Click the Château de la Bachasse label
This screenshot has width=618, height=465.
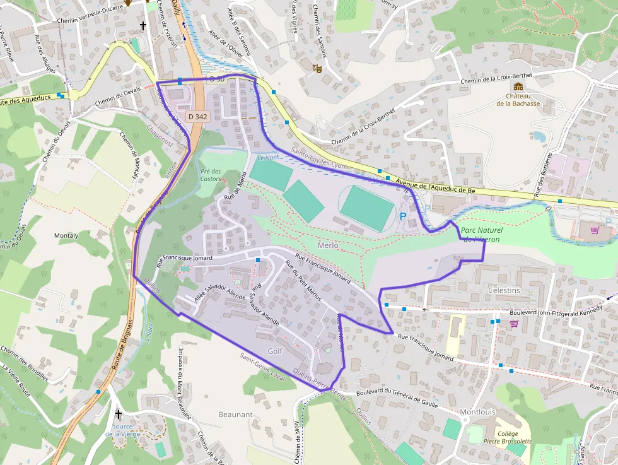click(518, 99)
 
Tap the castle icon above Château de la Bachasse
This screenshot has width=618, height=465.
click(518, 87)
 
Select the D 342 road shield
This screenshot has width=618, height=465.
click(197, 117)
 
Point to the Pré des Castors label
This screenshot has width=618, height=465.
click(211, 175)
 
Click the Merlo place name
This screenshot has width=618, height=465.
click(328, 245)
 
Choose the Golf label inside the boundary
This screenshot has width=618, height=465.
click(275, 351)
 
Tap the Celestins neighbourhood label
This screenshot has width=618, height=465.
click(504, 290)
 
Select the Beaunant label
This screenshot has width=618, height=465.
click(235, 415)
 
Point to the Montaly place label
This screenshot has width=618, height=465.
click(66, 235)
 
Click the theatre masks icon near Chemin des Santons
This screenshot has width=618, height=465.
click(318, 68)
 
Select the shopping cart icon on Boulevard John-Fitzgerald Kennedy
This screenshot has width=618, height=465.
click(514, 324)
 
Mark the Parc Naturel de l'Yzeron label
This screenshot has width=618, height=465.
click(480, 235)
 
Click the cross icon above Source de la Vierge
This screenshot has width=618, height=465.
click(119, 414)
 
